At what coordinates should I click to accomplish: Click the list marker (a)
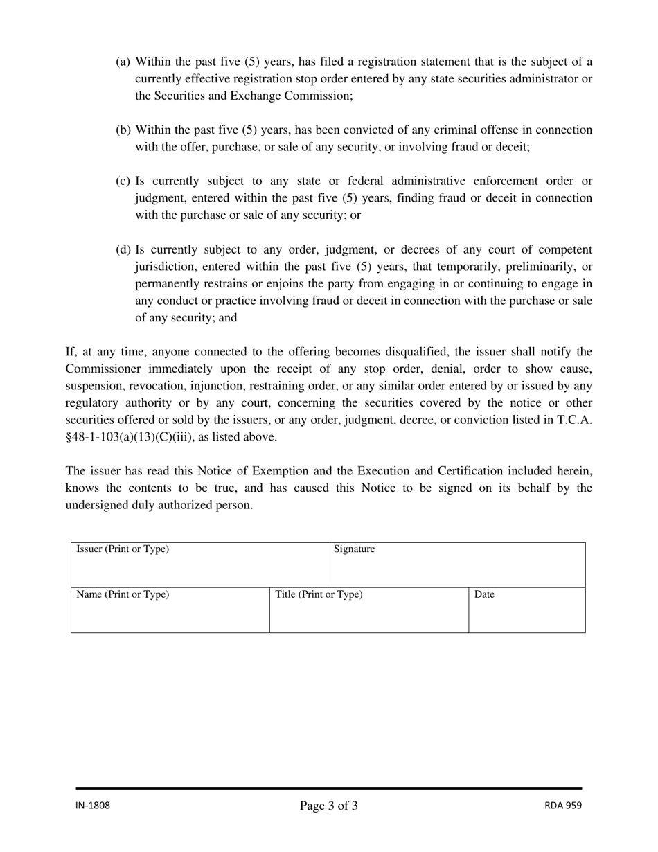pos(123,62)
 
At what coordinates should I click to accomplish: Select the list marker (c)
pos(123,181)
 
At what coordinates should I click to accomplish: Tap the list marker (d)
pos(123,249)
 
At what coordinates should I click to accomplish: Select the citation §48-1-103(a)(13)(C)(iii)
pos(130,436)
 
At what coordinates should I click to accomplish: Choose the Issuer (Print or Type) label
pos(123,549)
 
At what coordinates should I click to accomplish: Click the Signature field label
pos(354,549)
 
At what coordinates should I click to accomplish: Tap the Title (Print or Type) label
pos(319,594)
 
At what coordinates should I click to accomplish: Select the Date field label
pos(483,594)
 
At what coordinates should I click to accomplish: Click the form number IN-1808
pos(93,806)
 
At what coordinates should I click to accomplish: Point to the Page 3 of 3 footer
pos(328,806)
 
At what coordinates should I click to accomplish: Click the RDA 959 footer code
pos(562,806)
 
